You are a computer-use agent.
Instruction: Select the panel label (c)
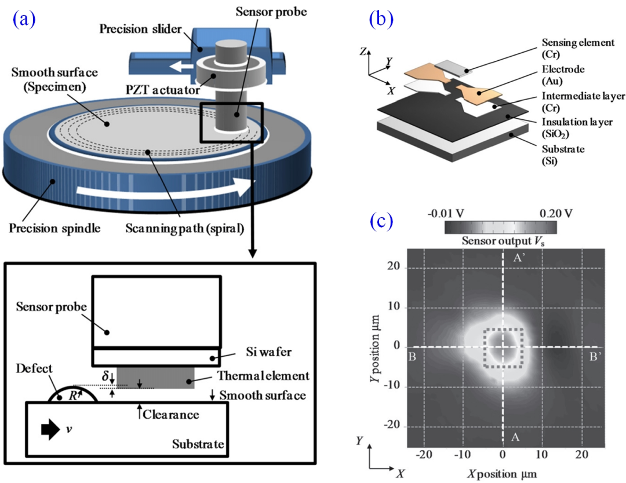point(381,222)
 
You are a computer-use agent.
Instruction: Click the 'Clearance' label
point(172,415)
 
